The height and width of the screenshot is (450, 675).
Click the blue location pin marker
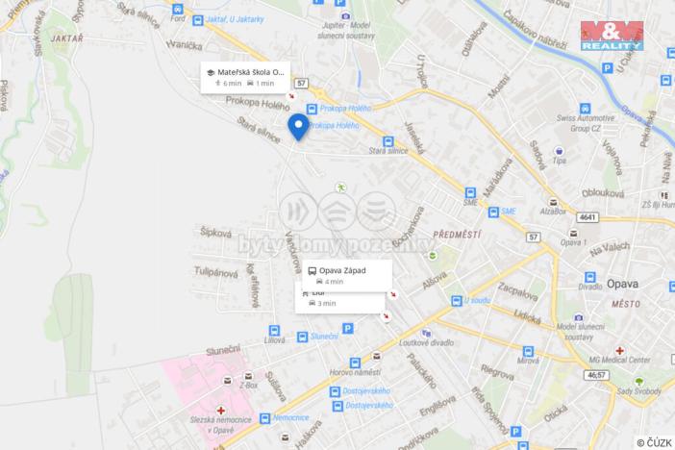coord(298,127)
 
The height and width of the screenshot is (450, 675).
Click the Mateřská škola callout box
coord(244,77)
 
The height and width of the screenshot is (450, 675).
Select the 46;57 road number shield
coord(624,375)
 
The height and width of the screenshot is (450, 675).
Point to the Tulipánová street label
coord(213,273)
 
